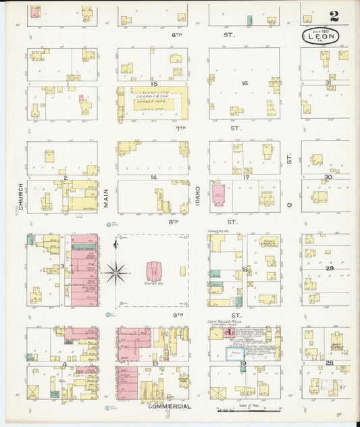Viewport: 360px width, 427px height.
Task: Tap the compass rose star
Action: (x=116, y=273)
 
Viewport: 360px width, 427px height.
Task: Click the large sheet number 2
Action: (x=335, y=16)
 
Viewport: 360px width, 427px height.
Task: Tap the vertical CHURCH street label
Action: (x=22, y=196)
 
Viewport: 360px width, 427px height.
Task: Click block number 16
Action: (x=245, y=83)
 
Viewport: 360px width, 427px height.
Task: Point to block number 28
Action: (x=329, y=363)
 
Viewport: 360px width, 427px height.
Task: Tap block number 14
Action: (x=154, y=177)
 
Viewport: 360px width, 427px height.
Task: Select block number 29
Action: (x=330, y=268)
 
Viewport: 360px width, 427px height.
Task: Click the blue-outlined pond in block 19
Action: (x=235, y=353)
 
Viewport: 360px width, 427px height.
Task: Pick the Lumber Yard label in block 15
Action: (x=153, y=102)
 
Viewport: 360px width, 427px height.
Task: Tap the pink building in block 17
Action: (x=218, y=195)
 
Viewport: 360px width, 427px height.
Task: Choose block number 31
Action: (x=328, y=83)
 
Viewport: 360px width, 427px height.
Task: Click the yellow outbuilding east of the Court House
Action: (x=182, y=271)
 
